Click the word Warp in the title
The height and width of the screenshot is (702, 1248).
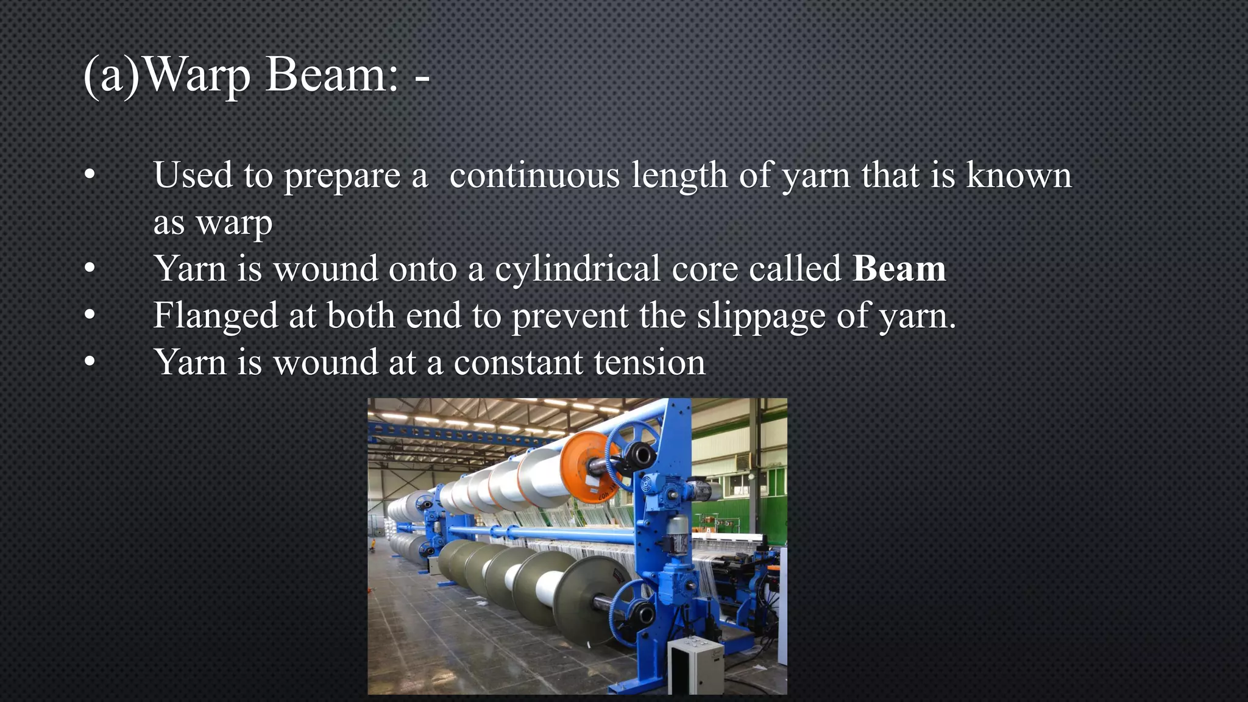tap(198, 76)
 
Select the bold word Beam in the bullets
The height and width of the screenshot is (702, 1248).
tap(899, 269)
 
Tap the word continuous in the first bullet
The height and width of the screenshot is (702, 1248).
tap(534, 175)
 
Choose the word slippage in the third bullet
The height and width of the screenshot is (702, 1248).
tap(760, 316)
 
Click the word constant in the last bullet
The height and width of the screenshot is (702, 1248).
tap(518, 363)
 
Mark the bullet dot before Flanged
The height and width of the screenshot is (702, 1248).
tap(90, 316)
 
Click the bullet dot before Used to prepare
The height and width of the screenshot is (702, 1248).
tap(90, 175)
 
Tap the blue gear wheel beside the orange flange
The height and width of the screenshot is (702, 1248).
tap(634, 454)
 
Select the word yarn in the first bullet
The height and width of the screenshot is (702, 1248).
tap(816, 175)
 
